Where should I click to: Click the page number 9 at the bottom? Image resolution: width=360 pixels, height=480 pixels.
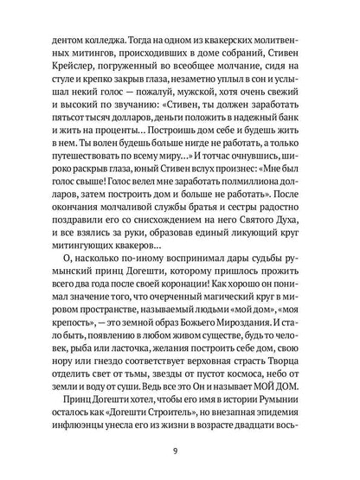point(180,449)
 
